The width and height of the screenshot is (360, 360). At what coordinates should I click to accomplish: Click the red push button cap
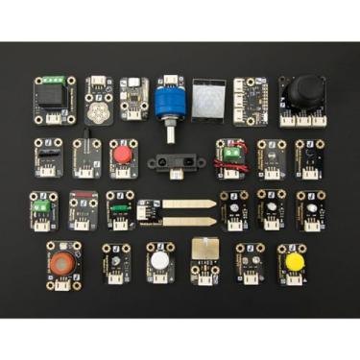pos(122,153)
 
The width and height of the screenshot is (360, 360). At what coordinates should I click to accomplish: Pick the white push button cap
pos(159,258)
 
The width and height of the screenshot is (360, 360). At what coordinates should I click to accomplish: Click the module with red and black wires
pos(230,156)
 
